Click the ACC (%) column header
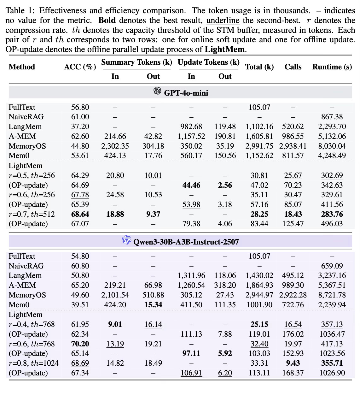[80, 67]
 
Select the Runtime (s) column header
[332, 67]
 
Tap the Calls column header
[293, 67]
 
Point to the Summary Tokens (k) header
[136, 62]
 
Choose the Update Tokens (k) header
[208, 62]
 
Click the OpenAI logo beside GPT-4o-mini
[157, 91]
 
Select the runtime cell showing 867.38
[332, 117]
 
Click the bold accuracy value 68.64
[80, 214]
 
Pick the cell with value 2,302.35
[115, 146]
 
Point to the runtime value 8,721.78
[332, 295]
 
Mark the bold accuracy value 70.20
[80, 344]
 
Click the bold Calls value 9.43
[293, 363]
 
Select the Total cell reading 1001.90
[259, 305]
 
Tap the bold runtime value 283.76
[332, 214]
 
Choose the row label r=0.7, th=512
[32, 214]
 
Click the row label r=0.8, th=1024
[33, 363]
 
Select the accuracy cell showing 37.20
[80, 127]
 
